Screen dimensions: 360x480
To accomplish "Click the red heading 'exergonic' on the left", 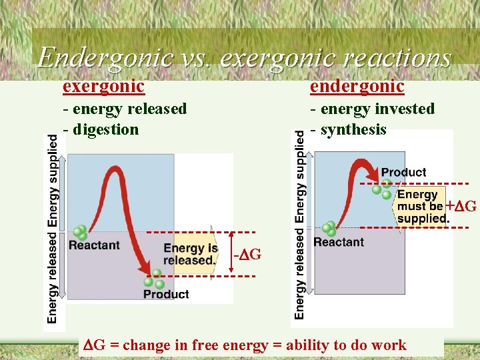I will click(x=103, y=86).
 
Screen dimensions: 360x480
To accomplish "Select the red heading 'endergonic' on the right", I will click(x=357, y=86).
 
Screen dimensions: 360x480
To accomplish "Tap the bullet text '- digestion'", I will click(x=101, y=129).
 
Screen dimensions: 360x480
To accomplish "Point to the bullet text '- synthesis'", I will click(x=348, y=129).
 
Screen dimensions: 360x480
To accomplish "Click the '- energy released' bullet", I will click(x=125, y=109).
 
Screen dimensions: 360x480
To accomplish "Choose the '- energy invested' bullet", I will click(x=372, y=109).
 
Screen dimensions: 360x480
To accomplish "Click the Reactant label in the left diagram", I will click(x=94, y=245).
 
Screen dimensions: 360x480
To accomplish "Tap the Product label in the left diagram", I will click(x=166, y=294).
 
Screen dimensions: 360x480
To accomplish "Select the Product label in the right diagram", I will click(x=403, y=172).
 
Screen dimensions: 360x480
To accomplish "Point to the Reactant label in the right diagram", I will click(x=339, y=242).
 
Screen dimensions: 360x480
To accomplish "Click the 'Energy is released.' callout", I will click(x=191, y=254).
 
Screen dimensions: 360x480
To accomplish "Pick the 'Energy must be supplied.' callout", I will click(x=422, y=207).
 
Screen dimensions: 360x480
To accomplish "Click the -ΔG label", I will click(x=247, y=255).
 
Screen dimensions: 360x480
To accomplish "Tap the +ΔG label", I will click(x=461, y=206).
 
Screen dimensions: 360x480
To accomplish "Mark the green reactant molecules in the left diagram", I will click(x=81, y=233).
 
